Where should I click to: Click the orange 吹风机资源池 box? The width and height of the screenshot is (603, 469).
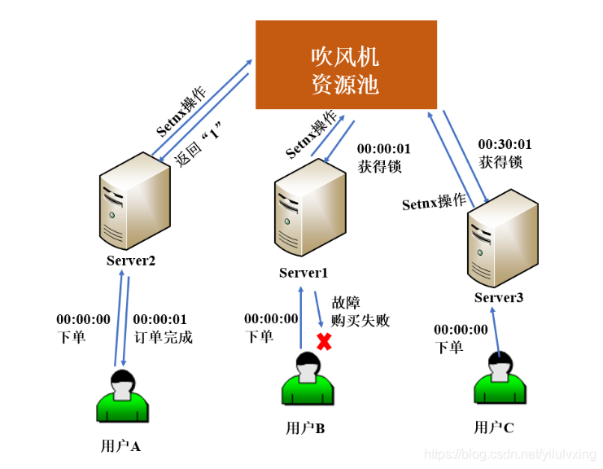pyautogui.click(x=346, y=65)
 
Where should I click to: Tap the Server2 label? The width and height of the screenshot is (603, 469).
pyautogui.click(x=130, y=261)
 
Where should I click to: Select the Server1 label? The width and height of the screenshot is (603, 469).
pyautogui.click(x=304, y=273)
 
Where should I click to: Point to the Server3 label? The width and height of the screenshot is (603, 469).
pyautogui.click(x=499, y=298)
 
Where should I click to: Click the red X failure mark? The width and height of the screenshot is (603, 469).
pyautogui.click(x=324, y=342)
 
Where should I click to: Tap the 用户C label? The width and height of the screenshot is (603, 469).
pyautogui.click(x=494, y=427)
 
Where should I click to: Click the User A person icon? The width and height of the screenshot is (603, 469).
pyautogui.click(x=122, y=396)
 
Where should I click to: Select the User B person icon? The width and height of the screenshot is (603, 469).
pyautogui.click(x=307, y=379)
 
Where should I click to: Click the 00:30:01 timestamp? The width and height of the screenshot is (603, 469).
pyautogui.click(x=505, y=144)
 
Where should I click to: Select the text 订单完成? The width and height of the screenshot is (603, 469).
pyautogui.click(x=163, y=337)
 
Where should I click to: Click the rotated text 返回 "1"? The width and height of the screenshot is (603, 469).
pyautogui.click(x=199, y=143)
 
